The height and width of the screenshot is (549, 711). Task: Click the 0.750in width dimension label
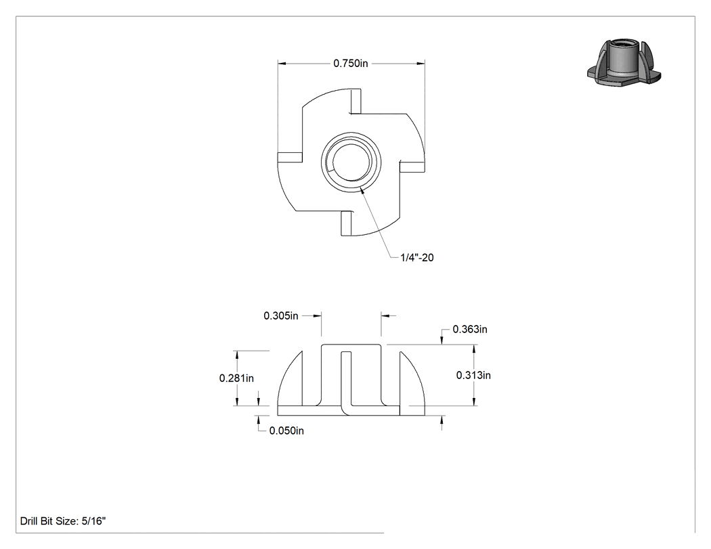coord(351,64)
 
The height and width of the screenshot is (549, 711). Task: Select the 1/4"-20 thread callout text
coord(416,257)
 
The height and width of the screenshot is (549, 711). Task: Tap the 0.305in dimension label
coord(281,315)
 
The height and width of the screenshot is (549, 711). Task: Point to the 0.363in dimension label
coord(470,329)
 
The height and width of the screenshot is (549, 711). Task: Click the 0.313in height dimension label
coord(473,376)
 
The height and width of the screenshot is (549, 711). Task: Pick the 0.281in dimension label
coord(236,378)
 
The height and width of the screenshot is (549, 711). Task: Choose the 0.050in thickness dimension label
coord(286,431)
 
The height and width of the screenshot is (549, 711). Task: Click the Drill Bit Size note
coord(63,521)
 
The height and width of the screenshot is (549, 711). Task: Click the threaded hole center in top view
coord(351,162)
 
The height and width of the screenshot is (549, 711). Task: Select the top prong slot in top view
coord(356,101)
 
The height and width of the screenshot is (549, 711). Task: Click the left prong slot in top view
coord(290,157)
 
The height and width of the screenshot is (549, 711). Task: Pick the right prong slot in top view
coord(412,166)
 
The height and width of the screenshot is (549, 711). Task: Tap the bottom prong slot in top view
coord(347,223)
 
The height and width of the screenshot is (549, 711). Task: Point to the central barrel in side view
coord(351,376)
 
